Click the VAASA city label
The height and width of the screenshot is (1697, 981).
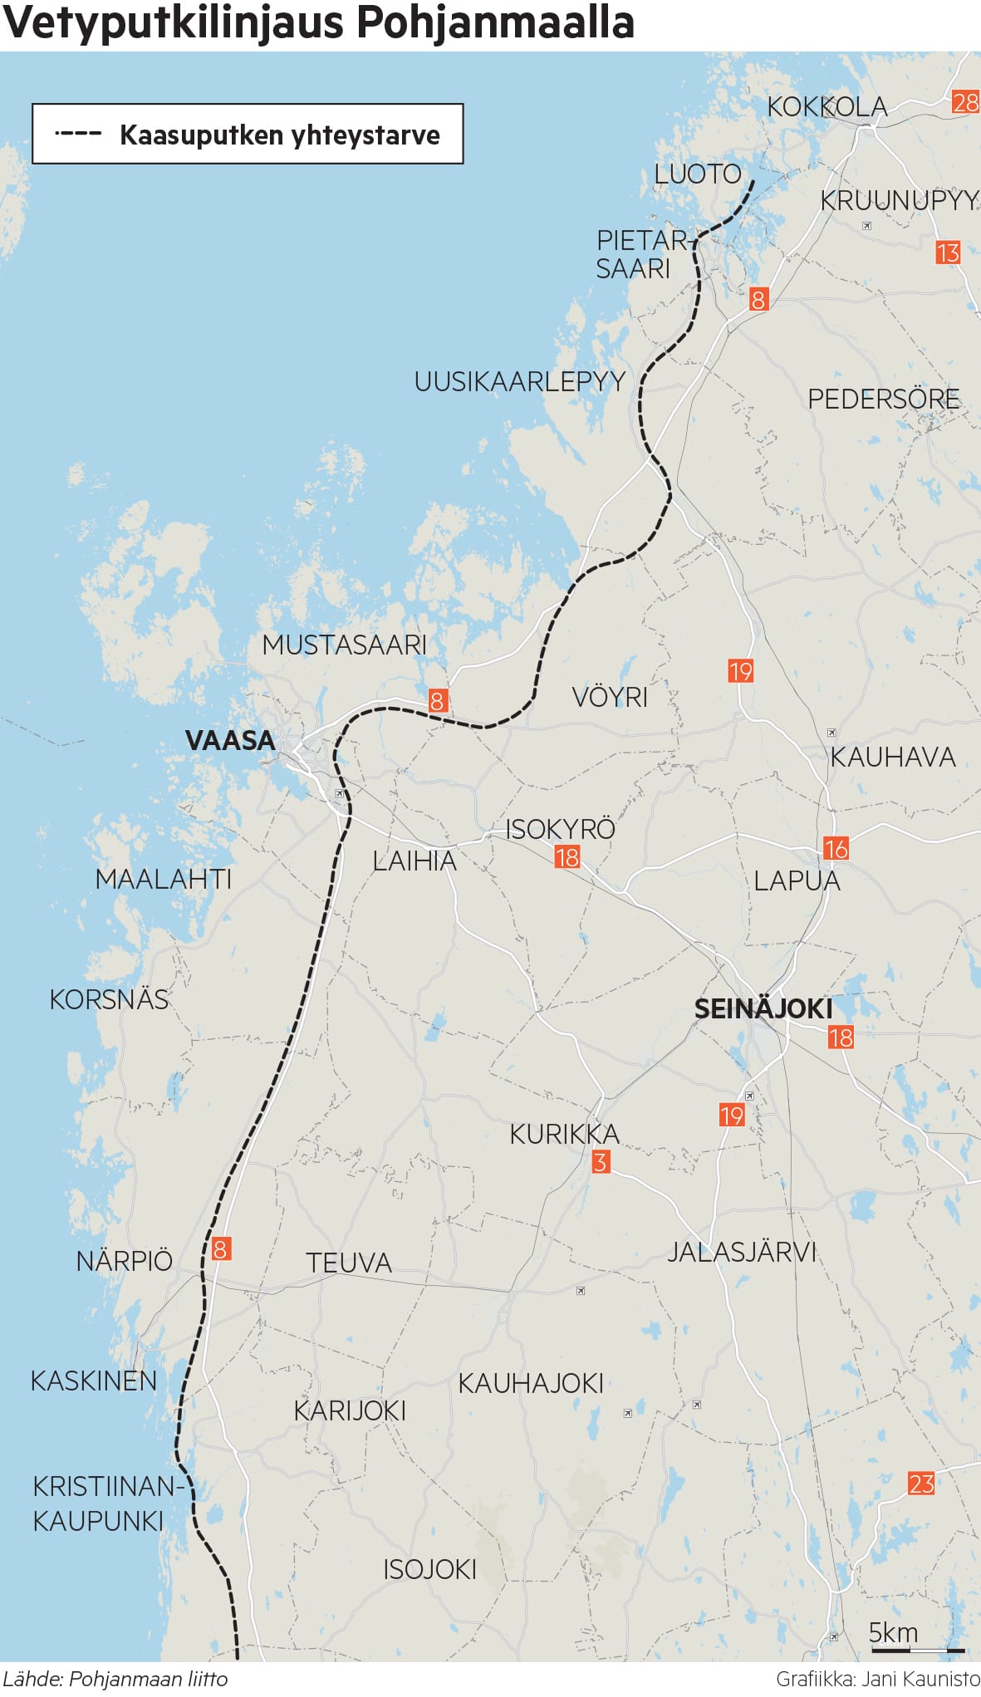tap(229, 740)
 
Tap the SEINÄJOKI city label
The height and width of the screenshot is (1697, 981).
tap(763, 1008)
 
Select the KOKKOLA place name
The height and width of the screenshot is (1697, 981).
tap(826, 107)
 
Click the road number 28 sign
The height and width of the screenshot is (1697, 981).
tap(965, 102)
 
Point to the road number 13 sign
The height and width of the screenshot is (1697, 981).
tap(948, 253)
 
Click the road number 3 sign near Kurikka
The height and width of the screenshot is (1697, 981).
tap(600, 1161)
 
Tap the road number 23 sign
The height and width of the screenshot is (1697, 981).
tap(920, 1484)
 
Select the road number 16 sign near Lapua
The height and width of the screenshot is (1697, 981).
tap(835, 848)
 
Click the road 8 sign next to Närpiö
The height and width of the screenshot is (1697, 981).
tap(220, 1248)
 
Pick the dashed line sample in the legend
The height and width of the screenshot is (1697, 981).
tap(78, 134)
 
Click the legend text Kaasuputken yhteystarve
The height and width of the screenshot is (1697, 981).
tap(279, 135)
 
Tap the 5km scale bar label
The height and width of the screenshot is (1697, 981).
tap(893, 1633)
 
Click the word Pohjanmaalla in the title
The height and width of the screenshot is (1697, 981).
tap(496, 23)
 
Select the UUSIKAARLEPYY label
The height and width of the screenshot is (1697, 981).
tap(519, 382)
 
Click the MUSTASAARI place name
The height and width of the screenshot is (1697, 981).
tap(344, 645)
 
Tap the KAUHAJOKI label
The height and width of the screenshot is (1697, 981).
tap(531, 1383)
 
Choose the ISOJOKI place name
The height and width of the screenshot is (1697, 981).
tap(429, 1569)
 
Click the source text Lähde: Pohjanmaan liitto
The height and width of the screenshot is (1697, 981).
tap(115, 1679)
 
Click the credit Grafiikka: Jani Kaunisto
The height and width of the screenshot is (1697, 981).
tap(877, 1679)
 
